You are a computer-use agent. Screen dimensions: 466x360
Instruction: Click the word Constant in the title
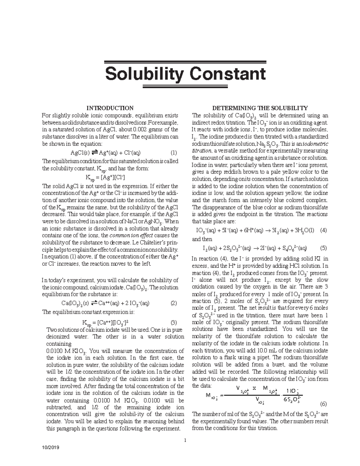[228, 74]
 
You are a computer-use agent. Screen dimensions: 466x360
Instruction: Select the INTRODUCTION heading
[110, 108]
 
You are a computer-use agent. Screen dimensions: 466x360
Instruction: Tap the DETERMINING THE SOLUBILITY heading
[260, 108]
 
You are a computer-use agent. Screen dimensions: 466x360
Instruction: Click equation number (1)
[174, 152]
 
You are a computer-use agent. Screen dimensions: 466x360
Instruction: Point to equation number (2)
[174, 303]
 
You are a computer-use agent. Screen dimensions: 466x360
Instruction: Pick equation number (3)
[174, 323]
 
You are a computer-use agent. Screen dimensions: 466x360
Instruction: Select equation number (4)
[323, 231]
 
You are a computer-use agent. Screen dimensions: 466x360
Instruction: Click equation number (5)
[323, 248]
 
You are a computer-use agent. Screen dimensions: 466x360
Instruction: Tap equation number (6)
[323, 403]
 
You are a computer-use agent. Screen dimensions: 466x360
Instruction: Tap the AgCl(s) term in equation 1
[80, 152]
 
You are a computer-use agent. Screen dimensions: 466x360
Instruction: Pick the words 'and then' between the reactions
[202, 239]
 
